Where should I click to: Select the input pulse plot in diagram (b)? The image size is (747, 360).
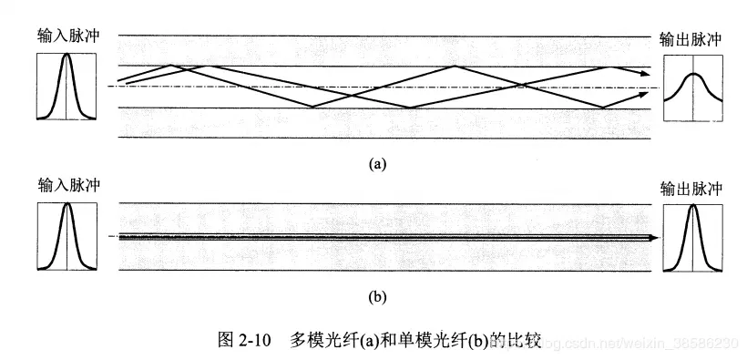(x=67, y=236)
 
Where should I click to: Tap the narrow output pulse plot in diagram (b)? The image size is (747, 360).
(x=693, y=236)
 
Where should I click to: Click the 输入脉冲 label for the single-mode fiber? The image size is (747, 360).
(x=69, y=186)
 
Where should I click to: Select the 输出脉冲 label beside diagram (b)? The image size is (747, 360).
(x=691, y=189)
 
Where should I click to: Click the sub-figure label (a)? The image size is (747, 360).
(x=377, y=164)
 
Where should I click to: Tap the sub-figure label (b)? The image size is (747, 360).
(x=377, y=296)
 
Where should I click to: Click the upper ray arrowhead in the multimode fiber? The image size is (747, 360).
(x=646, y=69)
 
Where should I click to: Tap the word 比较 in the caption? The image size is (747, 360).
(x=524, y=341)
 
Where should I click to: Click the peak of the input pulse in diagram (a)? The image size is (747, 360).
(x=67, y=56)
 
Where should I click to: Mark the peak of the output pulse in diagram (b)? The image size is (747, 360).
(x=693, y=206)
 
